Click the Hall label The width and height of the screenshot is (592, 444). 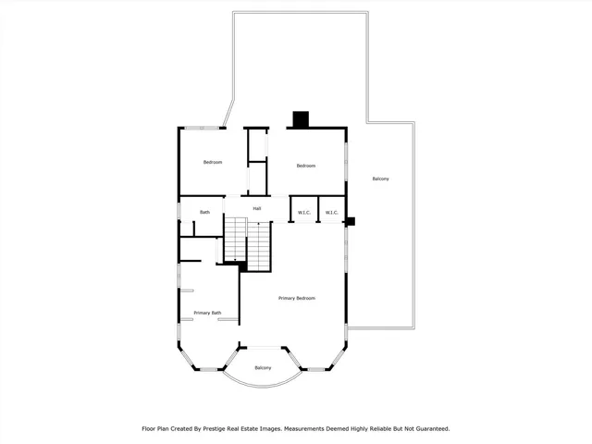(257, 208)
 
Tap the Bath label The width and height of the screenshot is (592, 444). (204, 213)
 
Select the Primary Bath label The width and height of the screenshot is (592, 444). (207, 313)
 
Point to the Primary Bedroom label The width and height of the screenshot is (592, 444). (298, 298)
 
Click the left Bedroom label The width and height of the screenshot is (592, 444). (213, 163)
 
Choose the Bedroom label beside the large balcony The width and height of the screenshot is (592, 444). (306, 166)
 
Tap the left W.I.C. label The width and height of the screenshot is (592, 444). (303, 213)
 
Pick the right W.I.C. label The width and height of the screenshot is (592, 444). (332, 213)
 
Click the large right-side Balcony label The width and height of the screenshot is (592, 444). (380, 179)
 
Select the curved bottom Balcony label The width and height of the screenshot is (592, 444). (264, 368)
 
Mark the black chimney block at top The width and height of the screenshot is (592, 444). (300, 119)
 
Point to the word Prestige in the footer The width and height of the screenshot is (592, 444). (241, 429)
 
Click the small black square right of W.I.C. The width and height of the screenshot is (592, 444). (350, 221)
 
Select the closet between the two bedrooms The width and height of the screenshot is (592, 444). (257, 161)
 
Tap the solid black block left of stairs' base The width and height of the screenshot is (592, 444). (241, 266)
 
